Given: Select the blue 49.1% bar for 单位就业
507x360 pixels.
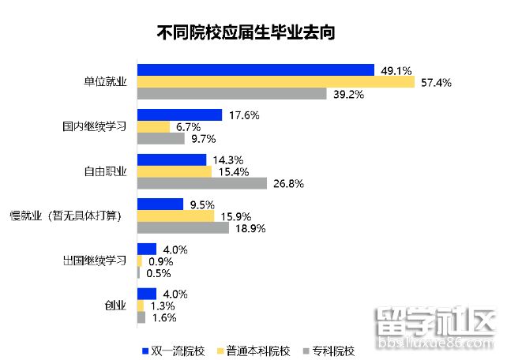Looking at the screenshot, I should click(x=255, y=70).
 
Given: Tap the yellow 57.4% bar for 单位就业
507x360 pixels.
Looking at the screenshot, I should click(x=276, y=82).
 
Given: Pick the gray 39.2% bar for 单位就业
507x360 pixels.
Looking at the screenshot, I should click(x=231, y=94).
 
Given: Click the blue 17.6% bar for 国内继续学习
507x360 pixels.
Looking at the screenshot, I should click(x=179, y=115).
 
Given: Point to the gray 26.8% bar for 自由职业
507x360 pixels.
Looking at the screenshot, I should click(x=202, y=183).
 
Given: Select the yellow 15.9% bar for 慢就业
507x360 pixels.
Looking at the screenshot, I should click(x=175, y=216).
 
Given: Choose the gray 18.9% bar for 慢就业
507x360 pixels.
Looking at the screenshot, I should click(x=183, y=228).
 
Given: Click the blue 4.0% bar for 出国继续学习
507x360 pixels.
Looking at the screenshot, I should click(x=147, y=249).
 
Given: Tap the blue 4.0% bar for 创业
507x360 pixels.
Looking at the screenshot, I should click(x=147, y=294).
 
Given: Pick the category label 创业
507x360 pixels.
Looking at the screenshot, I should click(x=115, y=306).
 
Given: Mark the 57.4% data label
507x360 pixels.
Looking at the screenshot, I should click(x=435, y=83).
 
